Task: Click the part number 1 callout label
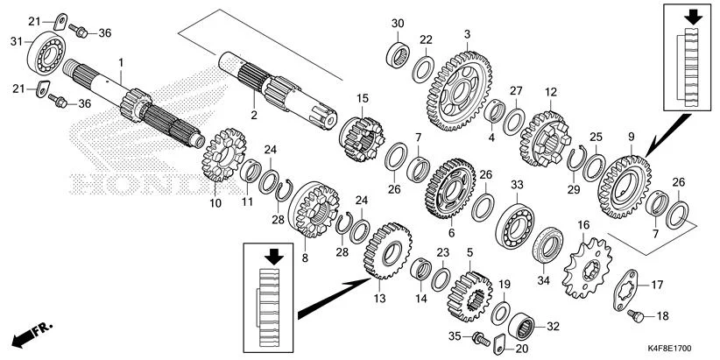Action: (122, 61)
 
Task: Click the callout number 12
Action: (551, 92)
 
